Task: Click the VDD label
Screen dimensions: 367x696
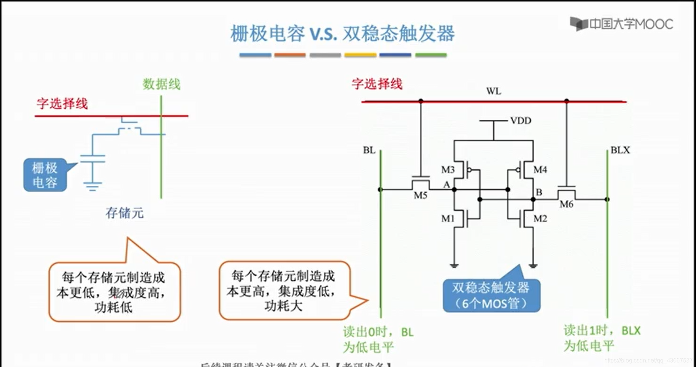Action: pos(521,121)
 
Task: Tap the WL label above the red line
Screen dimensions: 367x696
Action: pos(493,91)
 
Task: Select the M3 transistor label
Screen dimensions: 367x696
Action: pos(448,170)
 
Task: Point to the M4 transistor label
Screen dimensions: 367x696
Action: pos(540,170)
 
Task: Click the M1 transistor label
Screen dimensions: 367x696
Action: pos(448,219)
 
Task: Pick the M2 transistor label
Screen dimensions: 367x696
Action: pos(540,219)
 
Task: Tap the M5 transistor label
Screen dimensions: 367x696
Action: pos(420,195)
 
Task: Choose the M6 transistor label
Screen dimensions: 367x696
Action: pos(566,205)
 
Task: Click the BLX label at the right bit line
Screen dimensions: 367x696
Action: pos(620,150)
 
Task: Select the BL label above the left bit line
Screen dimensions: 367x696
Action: pos(369,150)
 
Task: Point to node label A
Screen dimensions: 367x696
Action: pos(447,185)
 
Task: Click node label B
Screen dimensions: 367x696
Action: pos(539,192)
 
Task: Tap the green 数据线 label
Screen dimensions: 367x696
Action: pos(161,84)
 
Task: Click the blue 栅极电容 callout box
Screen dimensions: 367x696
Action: pos(45,175)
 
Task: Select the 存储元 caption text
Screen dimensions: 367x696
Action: pos(124,213)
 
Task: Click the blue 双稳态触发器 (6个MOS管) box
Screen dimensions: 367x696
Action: pos(491,295)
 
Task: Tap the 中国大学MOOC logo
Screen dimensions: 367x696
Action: pos(622,24)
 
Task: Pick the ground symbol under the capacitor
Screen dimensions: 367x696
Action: pos(92,186)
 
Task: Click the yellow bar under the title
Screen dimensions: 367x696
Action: pos(360,55)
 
